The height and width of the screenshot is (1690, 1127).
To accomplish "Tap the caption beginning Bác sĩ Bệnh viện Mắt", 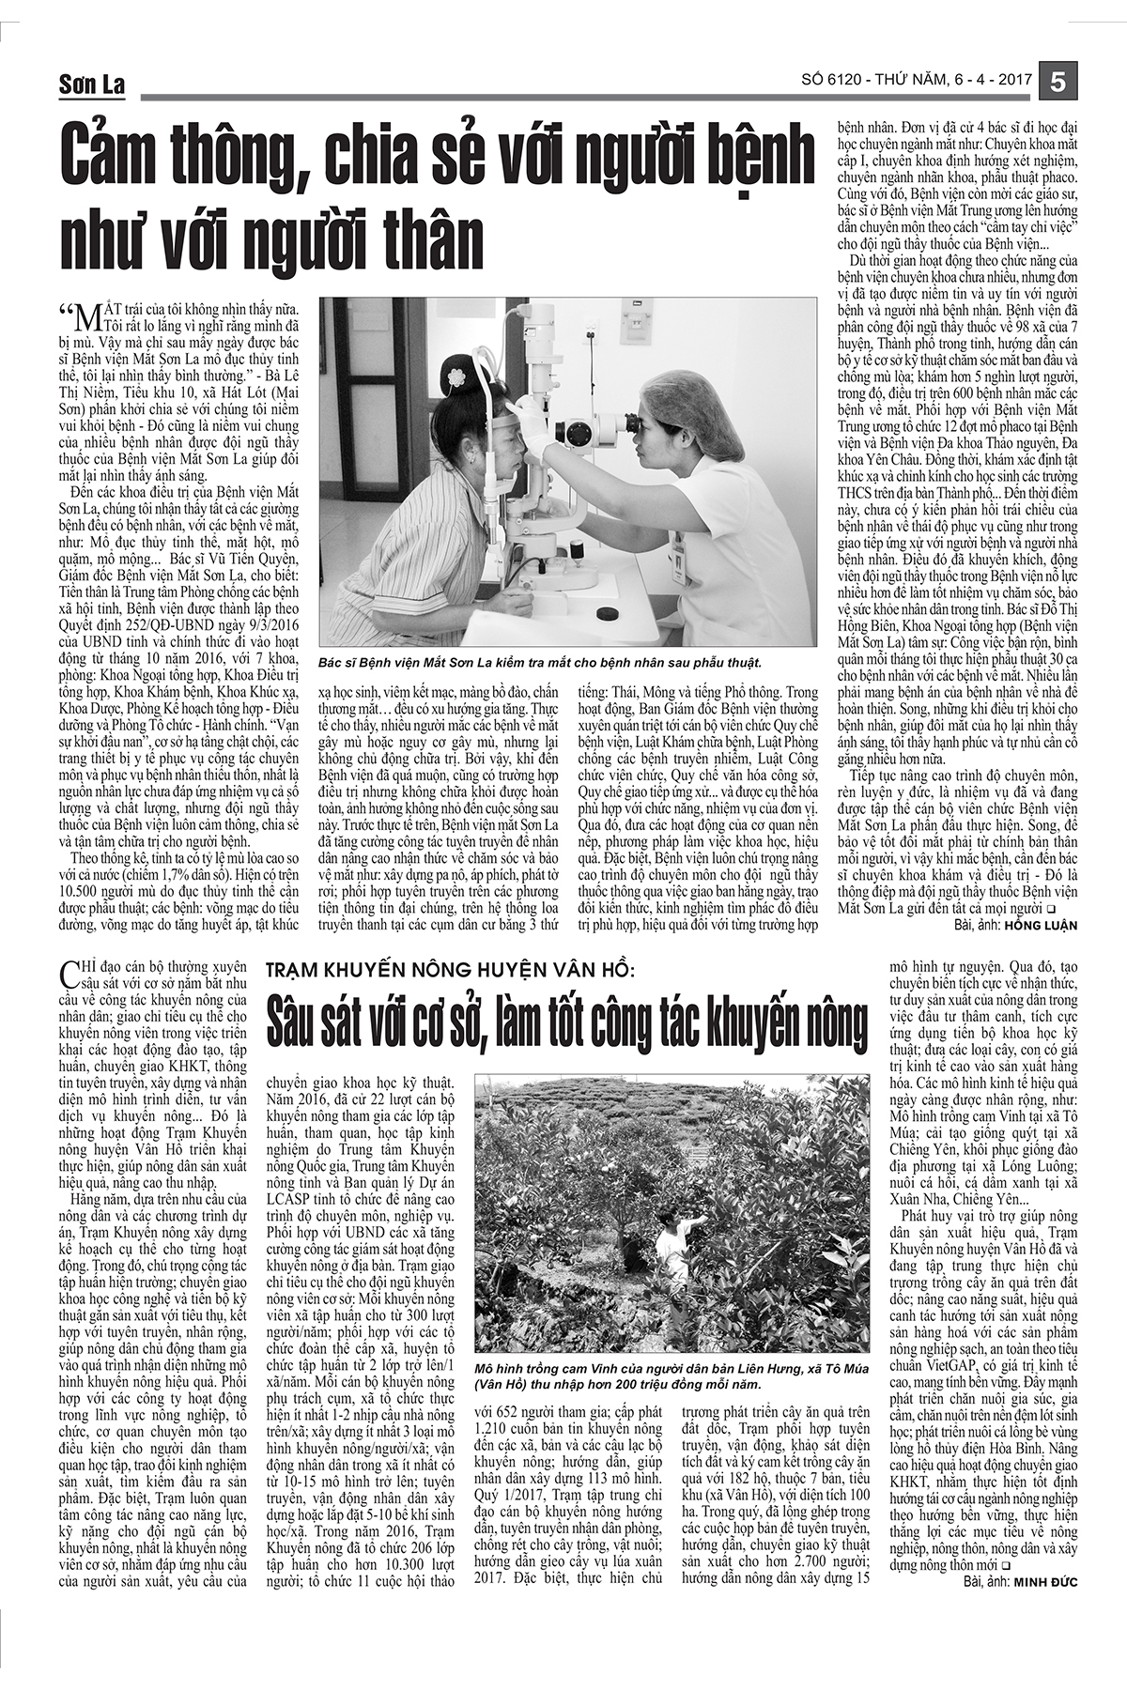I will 540,662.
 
